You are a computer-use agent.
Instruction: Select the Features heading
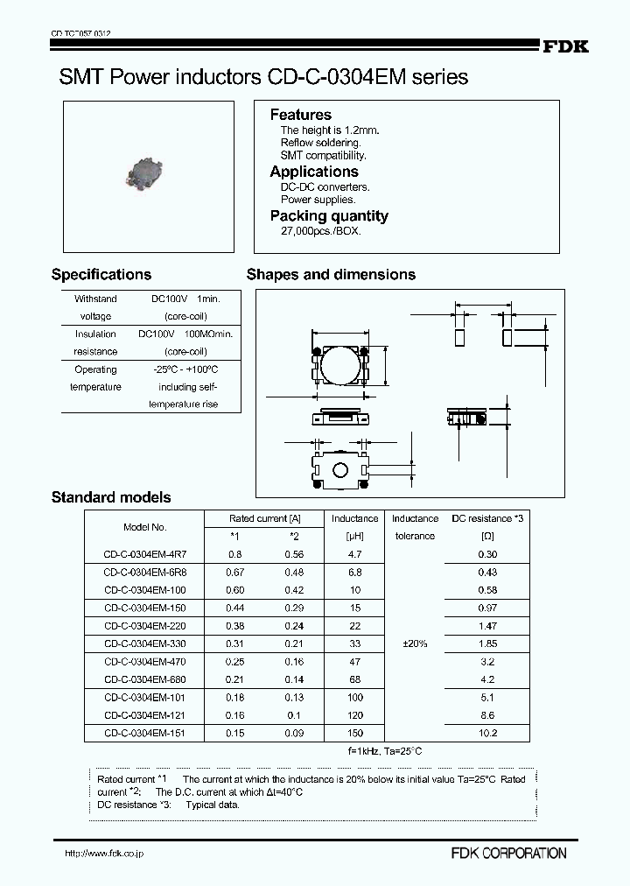300,115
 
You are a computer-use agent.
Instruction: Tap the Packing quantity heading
328,216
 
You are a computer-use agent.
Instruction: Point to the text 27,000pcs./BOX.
320,231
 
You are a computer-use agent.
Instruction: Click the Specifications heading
101,274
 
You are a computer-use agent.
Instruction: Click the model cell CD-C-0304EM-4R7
144,554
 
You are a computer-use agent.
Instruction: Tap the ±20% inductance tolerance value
415,643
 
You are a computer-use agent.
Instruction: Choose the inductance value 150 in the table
354,733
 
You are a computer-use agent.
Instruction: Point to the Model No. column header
144,527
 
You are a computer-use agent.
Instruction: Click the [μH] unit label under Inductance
354,536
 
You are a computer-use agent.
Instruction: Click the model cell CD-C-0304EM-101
144,697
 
